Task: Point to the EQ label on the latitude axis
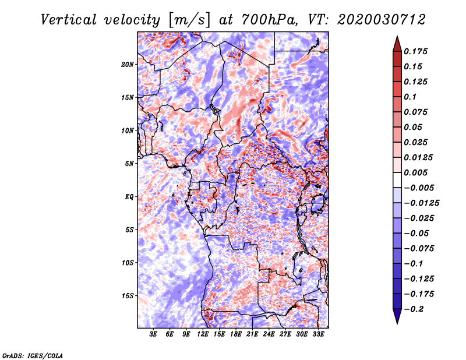click(129, 196)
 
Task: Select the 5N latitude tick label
click(130, 164)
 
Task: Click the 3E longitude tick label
click(154, 335)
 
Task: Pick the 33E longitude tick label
click(318, 335)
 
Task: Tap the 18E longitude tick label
click(236, 335)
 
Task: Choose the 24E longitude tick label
click(269, 335)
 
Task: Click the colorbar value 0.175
click(417, 51)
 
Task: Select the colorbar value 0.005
click(417, 172)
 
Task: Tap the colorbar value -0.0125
click(422, 203)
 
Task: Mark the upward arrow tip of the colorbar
click(397, 38)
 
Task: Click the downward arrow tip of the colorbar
click(397, 322)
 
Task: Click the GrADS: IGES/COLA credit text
click(32, 355)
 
